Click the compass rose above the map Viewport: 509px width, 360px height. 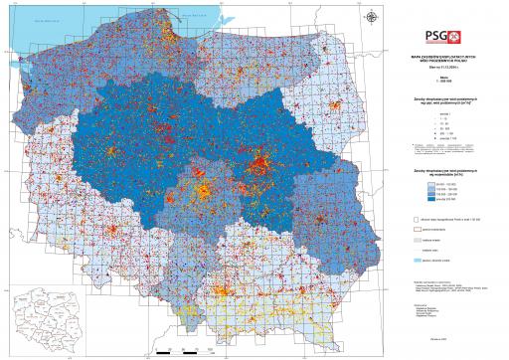point(370,16)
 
